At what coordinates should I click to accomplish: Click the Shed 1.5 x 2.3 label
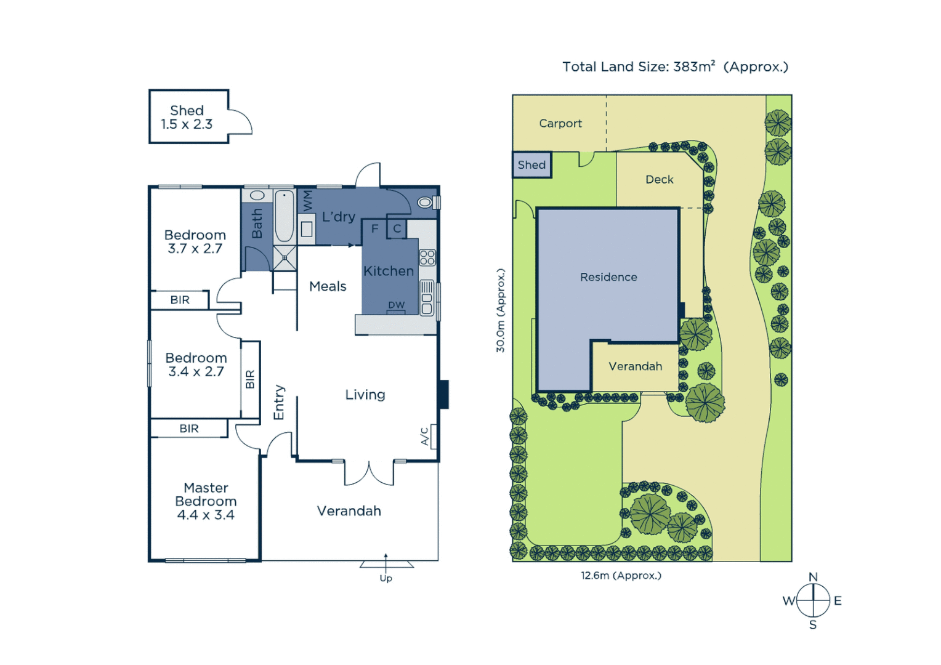pos(187,117)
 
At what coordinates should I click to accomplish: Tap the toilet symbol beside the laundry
pos(425,202)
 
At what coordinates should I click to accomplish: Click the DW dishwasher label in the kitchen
pos(396,305)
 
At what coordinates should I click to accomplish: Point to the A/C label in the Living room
pos(424,436)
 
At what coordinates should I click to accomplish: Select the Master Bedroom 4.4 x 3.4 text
pos(206,501)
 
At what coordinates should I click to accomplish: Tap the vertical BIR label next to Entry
pos(250,379)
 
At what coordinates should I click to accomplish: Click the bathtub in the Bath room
pos(284,217)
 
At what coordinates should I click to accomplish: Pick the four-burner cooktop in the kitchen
pos(427,257)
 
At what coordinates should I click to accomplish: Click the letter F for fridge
pos(374,228)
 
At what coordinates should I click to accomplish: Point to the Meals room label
pos(328,286)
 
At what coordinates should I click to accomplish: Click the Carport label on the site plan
pos(560,123)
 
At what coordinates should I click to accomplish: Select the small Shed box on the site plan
pos(531,165)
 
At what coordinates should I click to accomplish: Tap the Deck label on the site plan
pos(659,179)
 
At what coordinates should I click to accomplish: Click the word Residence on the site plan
pos(608,277)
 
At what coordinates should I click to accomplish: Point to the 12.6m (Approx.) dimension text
pos(621,576)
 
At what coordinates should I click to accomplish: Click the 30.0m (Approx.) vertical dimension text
pos(501,310)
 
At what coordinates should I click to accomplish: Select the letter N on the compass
pos(813,577)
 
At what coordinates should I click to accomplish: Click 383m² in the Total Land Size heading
pos(694,66)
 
